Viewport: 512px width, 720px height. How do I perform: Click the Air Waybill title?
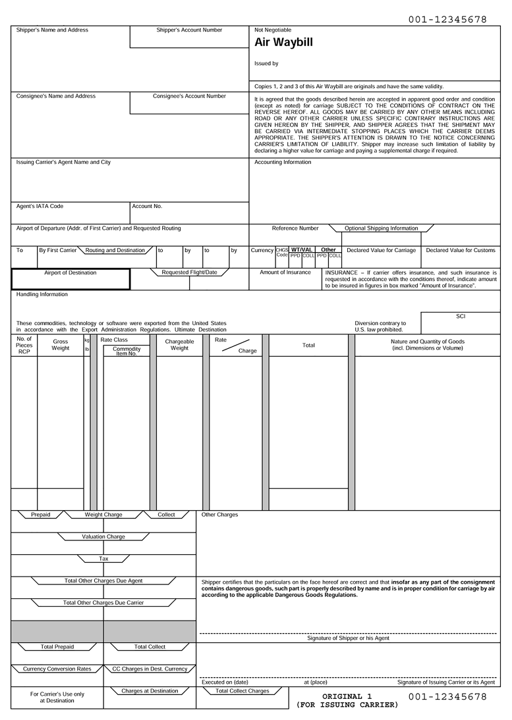coord(283,43)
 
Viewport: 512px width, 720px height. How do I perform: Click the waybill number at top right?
coord(447,20)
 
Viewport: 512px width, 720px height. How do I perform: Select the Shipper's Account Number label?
coord(189,30)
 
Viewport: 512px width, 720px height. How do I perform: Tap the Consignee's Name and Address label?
coord(55,96)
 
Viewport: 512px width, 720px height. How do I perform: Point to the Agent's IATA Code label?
coord(40,206)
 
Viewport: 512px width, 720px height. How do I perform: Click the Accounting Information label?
coord(283,162)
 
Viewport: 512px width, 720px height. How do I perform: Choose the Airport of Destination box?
coord(71,279)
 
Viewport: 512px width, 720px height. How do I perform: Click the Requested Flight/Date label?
coord(189,272)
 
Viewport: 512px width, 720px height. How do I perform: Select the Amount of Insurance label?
coord(285,272)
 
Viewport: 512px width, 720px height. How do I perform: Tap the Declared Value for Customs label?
coord(460,250)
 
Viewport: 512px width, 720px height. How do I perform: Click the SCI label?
coord(461,317)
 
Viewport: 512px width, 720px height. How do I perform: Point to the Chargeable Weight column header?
coord(179,345)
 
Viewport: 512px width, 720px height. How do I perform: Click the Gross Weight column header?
coord(61,345)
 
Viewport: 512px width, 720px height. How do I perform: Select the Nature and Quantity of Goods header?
coord(427,345)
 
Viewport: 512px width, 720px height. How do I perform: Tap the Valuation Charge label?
coord(103,537)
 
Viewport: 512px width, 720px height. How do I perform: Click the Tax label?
coord(103,559)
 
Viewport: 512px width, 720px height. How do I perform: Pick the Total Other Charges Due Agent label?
coord(103,581)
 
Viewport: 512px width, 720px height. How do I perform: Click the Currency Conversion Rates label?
coord(57,669)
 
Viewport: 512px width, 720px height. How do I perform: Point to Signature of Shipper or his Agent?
coord(348,638)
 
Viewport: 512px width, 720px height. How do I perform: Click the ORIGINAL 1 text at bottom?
coord(347,696)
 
